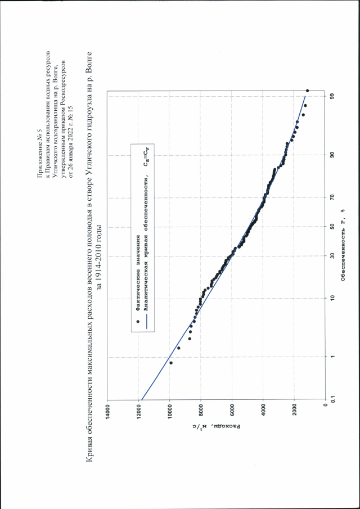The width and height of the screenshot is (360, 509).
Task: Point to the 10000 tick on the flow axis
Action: [169, 409]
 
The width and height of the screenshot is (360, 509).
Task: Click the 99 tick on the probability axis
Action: [332, 96]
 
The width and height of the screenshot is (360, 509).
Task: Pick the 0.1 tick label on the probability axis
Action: [332, 399]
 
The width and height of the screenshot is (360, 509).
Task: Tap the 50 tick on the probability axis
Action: [332, 227]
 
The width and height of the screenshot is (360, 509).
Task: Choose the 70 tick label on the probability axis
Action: [332, 198]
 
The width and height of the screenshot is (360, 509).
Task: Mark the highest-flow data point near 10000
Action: [171, 363]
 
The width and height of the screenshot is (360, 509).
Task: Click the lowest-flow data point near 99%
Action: [308, 91]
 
